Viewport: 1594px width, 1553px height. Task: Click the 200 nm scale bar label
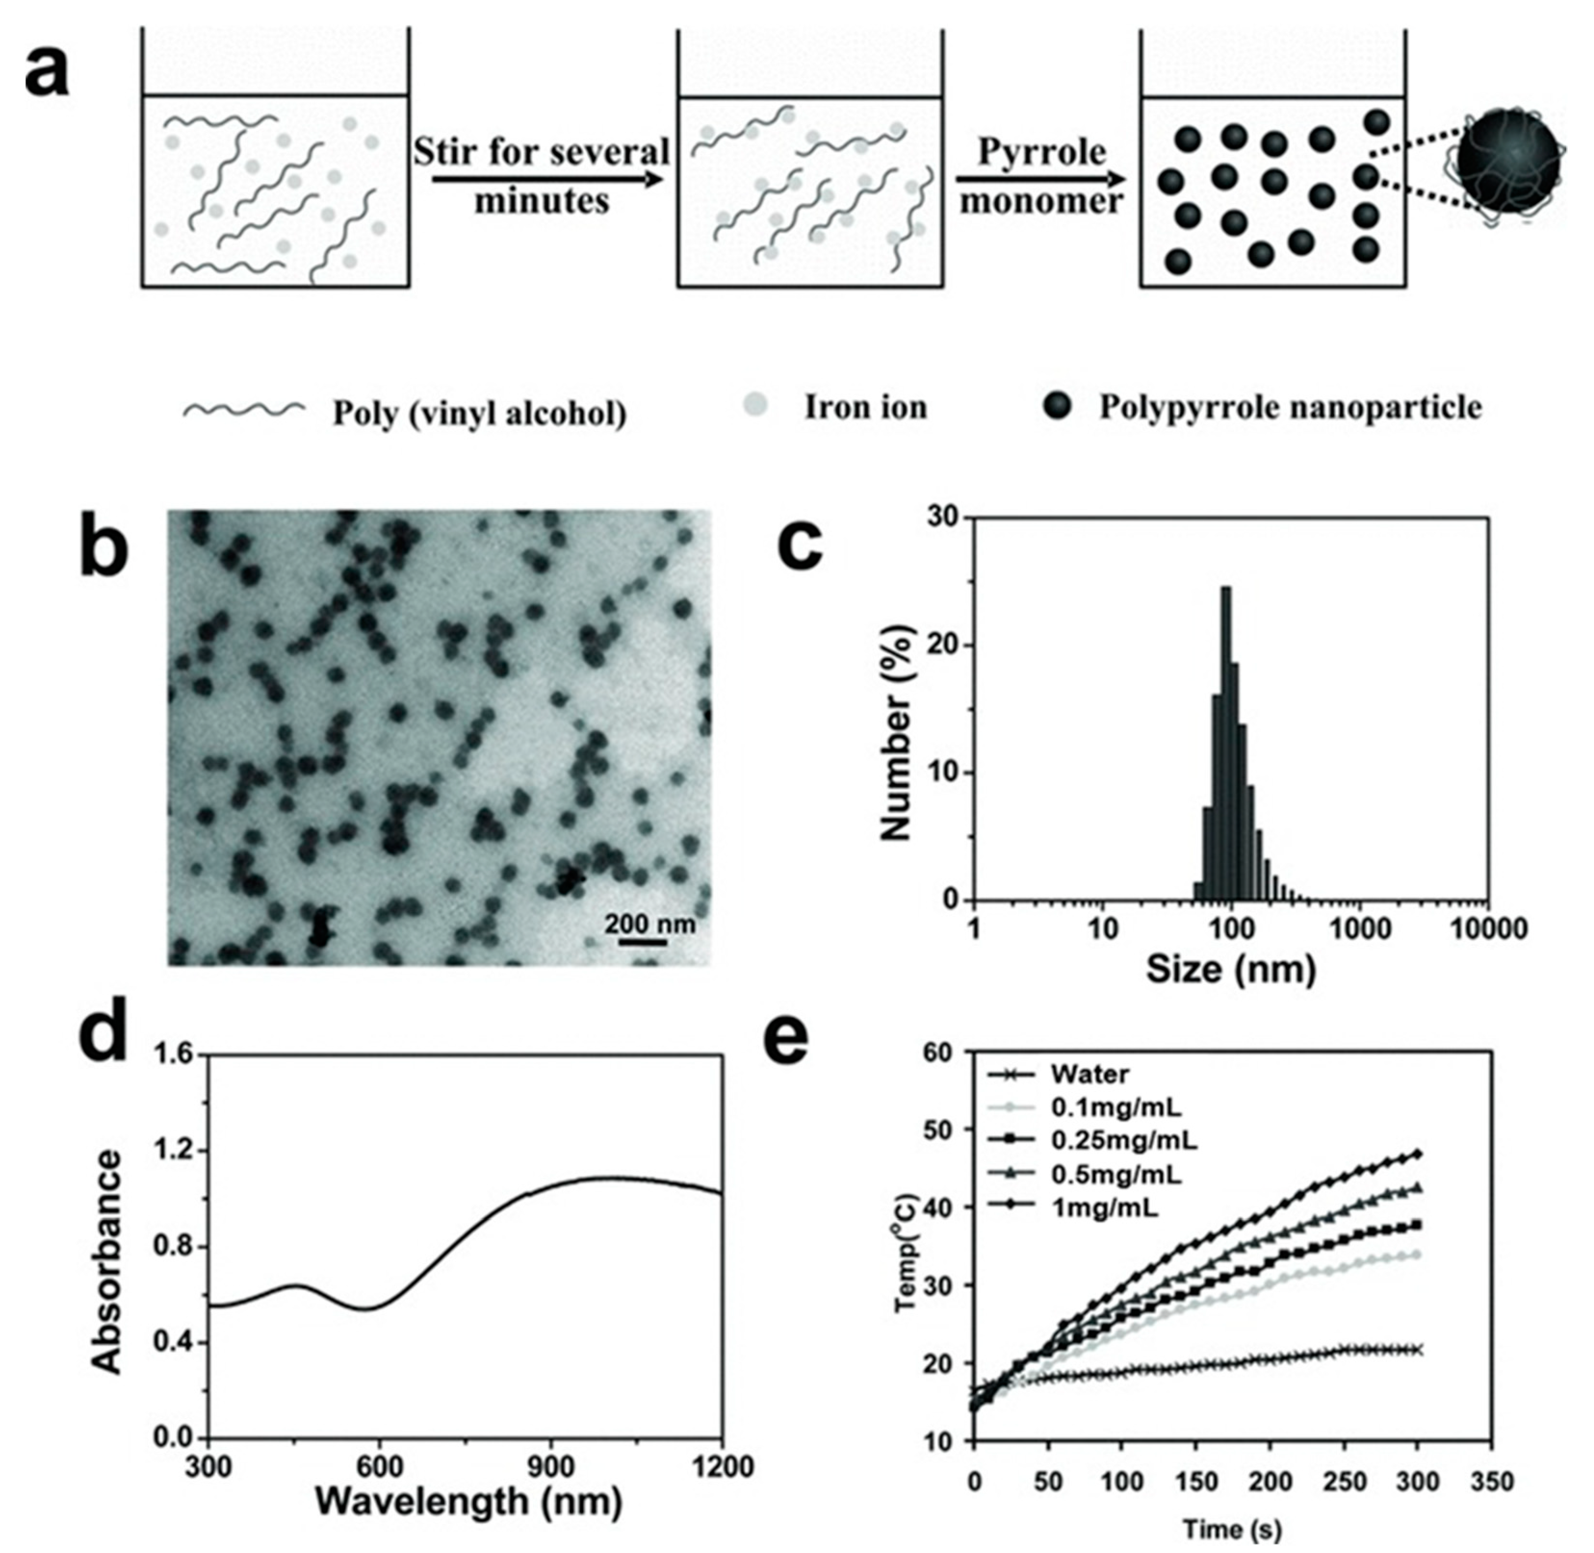click(649, 924)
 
